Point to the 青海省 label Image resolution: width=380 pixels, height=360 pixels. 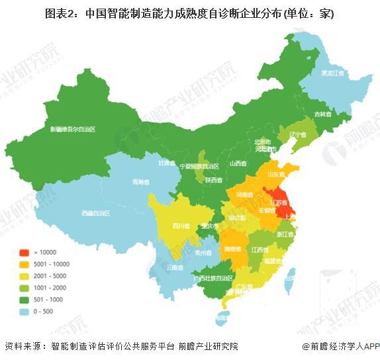pos(139,181)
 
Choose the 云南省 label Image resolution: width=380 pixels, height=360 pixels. pos(174,267)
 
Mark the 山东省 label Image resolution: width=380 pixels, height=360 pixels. pos(276,174)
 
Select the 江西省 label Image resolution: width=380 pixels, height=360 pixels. pos(260,249)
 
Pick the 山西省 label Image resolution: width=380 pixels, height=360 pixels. pos(237,163)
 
